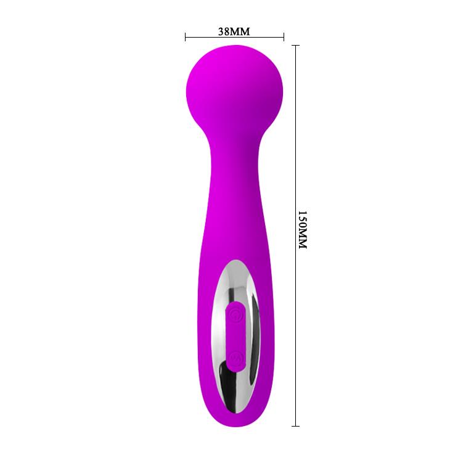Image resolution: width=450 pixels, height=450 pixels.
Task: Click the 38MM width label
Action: tap(234, 30)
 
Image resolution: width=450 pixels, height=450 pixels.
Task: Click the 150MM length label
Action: tap(302, 229)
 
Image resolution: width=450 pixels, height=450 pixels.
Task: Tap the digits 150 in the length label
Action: tap(302, 219)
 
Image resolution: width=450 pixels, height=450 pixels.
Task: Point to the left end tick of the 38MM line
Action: tap(185, 38)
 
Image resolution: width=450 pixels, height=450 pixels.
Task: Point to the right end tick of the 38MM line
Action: tap(284, 38)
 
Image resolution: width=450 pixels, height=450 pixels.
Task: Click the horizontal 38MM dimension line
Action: tap(234, 38)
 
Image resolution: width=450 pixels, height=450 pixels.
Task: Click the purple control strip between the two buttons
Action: tap(235, 336)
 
